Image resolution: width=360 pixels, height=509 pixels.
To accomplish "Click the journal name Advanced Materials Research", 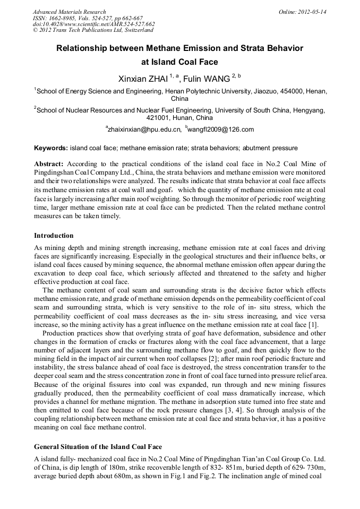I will tap(69, 12).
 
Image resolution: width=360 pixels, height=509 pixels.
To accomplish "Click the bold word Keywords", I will tap(50, 148).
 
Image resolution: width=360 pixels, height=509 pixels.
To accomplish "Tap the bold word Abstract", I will tap(49, 163).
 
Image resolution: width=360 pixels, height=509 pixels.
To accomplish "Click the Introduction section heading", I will tap(54, 235).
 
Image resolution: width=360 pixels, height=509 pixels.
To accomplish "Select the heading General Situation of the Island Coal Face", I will tap(98, 446).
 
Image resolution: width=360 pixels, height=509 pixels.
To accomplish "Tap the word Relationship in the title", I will tap(87, 48).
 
